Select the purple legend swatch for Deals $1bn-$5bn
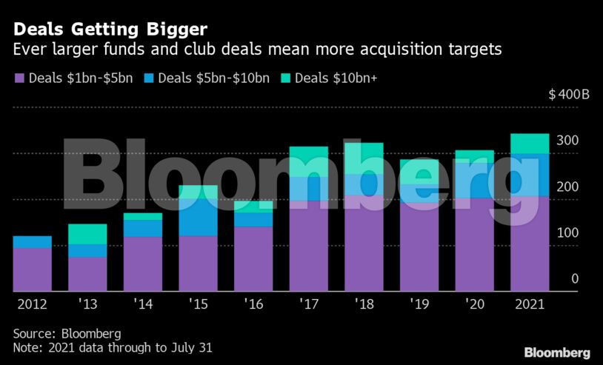(19, 78)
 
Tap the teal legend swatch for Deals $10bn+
(286, 78)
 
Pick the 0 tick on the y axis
(574, 278)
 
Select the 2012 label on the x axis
(32, 304)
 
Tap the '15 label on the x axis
(198, 304)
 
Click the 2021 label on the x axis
(530, 304)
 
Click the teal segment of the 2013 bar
(87, 234)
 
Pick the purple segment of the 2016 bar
(253, 258)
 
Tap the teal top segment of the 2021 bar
(530, 144)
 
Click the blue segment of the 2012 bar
(32, 242)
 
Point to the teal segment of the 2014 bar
(142, 216)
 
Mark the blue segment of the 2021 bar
(530, 175)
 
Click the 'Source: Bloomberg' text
(67, 333)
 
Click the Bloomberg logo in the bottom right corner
(557, 352)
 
